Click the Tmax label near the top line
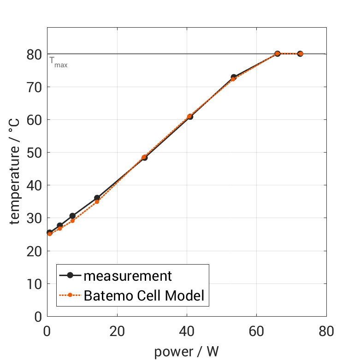point(59,63)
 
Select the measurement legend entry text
point(128,276)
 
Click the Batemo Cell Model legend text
point(144,295)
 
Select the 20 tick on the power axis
point(117,331)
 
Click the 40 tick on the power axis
point(187,331)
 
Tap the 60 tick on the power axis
point(256,331)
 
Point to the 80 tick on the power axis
point(326,331)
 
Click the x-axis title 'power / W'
point(186,352)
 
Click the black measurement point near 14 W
point(97,198)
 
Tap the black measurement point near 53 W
point(234,77)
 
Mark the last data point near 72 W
point(300,53)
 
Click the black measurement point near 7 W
point(72,216)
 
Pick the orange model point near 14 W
point(97,201)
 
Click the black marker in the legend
point(70,276)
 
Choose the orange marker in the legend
point(70,295)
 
